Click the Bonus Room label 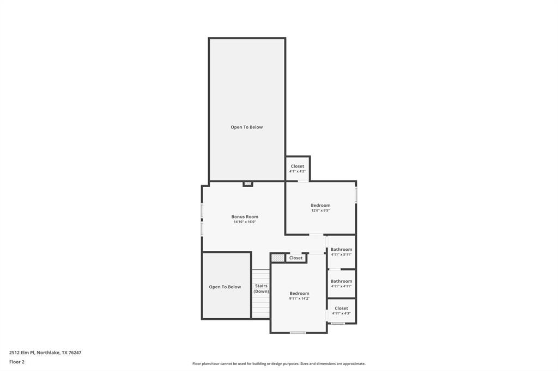tap(245, 217)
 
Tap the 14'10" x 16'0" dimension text tap(245, 222)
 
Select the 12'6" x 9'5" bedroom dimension tap(320, 211)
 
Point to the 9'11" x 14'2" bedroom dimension tap(299, 299)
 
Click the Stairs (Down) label tap(261, 288)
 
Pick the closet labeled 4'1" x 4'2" tap(298, 169)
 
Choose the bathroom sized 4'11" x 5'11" tap(341, 251)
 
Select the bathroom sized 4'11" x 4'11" tap(341, 283)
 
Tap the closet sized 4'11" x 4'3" tap(341, 311)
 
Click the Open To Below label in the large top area tap(246, 127)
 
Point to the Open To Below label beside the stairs tap(225, 287)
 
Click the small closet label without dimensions tap(296, 258)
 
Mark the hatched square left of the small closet tap(278, 258)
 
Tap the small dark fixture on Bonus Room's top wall tap(248, 184)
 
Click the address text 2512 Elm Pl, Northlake tap(45, 353)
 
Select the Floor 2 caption tap(17, 362)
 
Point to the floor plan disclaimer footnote tap(278, 364)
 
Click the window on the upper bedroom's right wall tap(356, 195)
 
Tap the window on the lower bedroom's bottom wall tap(298, 332)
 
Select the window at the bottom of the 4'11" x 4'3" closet tap(338, 324)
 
